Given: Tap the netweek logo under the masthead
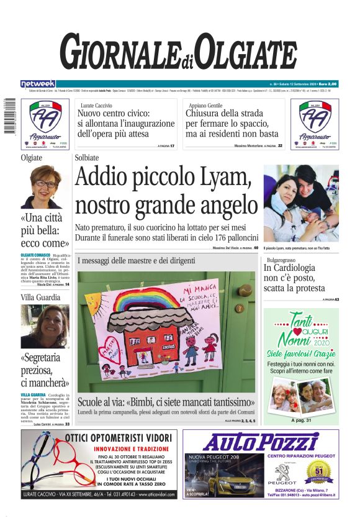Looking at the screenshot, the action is [38, 84].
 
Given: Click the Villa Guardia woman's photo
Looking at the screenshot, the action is [45, 327].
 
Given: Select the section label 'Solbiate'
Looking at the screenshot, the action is [87, 158].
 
